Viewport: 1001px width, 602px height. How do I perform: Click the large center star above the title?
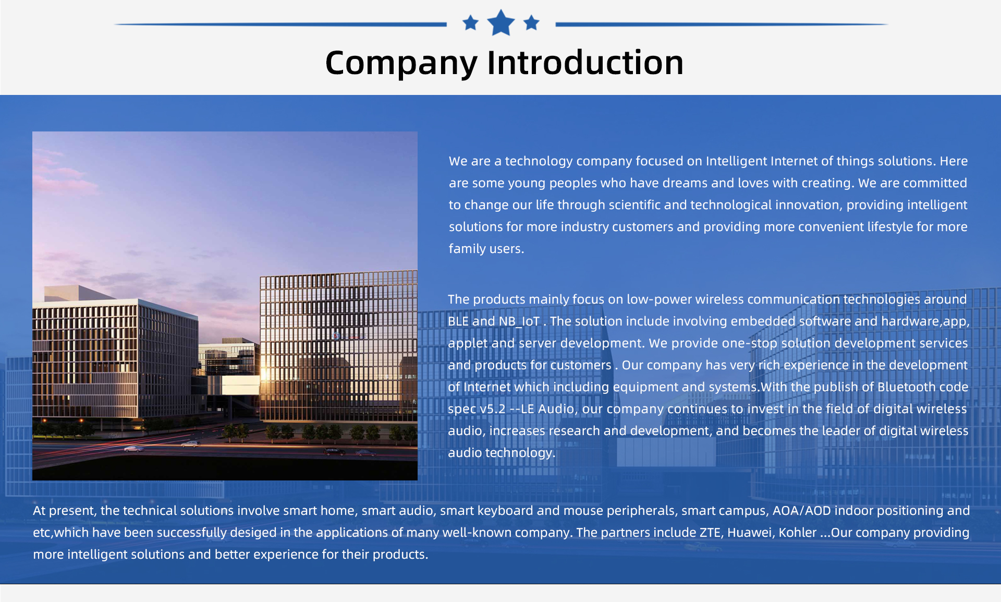[x=501, y=22]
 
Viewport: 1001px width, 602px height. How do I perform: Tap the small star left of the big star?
[x=470, y=22]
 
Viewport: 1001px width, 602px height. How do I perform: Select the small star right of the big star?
[x=531, y=22]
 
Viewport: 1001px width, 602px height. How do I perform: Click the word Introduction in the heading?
[x=585, y=63]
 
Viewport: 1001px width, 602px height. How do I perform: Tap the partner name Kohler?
[x=798, y=533]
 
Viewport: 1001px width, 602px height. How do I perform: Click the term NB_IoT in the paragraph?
[x=519, y=321]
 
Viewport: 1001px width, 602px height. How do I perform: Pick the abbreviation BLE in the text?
[x=458, y=321]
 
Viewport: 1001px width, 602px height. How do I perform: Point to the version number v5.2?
[x=493, y=409]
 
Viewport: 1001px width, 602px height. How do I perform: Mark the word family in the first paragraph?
[x=467, y=249]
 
